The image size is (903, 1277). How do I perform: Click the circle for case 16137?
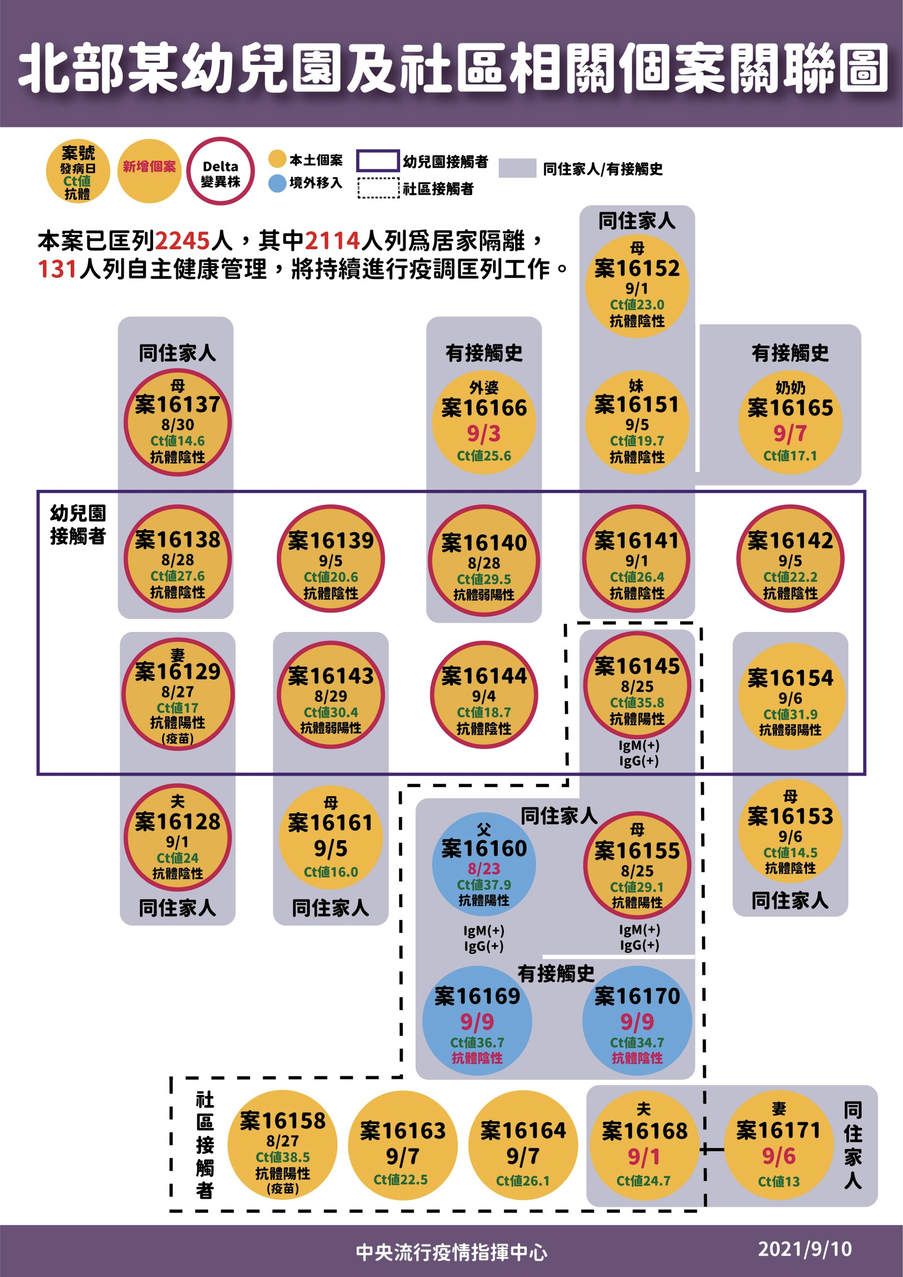177,422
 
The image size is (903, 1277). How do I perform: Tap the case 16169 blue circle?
477,1021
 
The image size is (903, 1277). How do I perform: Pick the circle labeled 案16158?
283,1145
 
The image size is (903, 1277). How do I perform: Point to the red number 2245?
182,241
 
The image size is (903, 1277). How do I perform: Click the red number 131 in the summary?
57,269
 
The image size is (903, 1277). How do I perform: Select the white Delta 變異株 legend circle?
221,171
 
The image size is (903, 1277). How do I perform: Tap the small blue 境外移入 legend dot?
277,184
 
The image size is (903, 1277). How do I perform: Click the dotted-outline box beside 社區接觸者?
378,188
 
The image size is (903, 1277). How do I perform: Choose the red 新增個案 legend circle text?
149,166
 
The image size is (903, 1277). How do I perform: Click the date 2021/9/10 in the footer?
804,1249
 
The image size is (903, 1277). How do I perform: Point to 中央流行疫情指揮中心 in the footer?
451,1252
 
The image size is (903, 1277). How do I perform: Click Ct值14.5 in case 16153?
790,853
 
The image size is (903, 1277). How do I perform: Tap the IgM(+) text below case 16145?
639,745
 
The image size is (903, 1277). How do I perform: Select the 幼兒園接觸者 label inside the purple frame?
78,524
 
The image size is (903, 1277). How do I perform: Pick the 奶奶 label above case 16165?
790,388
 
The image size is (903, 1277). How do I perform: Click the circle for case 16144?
483,695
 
